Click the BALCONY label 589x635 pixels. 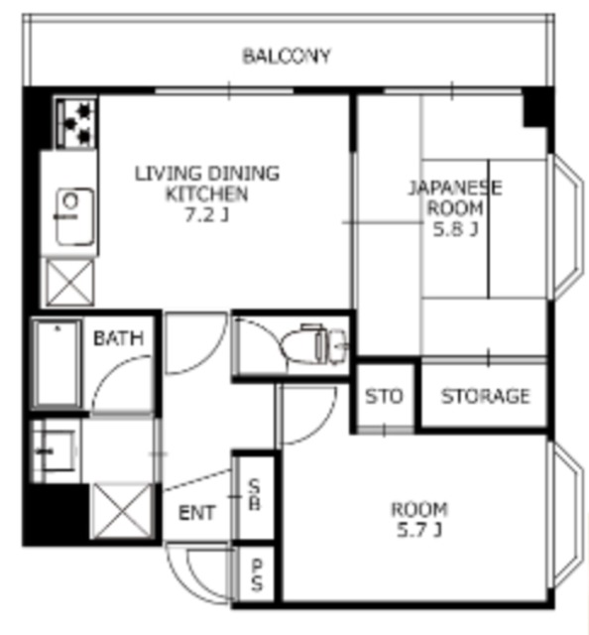[x=287, y=56]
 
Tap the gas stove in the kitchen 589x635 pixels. [x=76, y=123]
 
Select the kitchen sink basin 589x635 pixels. [x=74, y=216]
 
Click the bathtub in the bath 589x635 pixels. [x=58, y=364]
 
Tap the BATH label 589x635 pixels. [x=118, y=338]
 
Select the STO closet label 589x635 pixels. [x=384, y=396]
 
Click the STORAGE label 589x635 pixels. [x=485, y=396]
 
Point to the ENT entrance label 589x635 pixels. [x=196, y=513]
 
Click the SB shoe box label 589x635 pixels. [x=254, y=494]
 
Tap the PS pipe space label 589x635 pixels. [x=257, y=575]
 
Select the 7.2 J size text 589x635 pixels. [x=206, y=214]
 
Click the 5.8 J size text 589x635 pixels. [x=456, y=229]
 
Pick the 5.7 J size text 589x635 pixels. [x=418, y=530]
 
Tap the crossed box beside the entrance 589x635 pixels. [x=121, y=511]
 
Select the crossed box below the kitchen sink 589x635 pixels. [x=69, y=282]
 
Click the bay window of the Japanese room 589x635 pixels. [x=567, y=227]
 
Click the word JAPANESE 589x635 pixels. [x=455, y=189]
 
